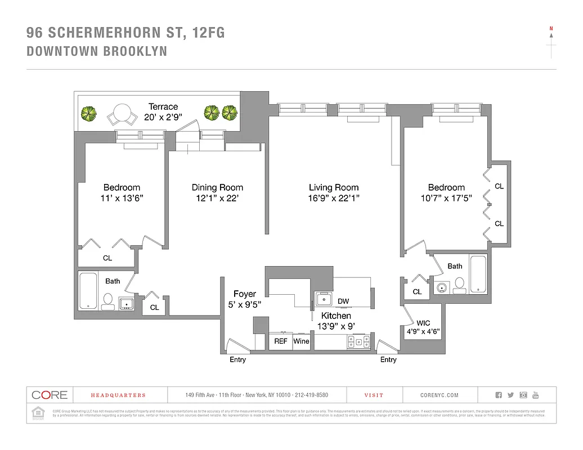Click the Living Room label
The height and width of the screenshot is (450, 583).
(334, 187)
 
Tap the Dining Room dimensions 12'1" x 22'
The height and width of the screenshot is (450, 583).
(217, 198)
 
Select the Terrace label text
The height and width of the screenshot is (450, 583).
(163, 106)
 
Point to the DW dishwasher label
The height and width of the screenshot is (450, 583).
(343, 301)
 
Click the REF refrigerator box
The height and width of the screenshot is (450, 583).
(280, 341)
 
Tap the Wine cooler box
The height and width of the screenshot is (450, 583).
(301, 341)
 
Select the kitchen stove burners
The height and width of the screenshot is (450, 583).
(358, 341)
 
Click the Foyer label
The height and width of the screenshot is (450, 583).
(244, 294)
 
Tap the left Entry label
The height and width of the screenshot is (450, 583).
(237, 359)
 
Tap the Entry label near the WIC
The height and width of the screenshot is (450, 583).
(388, 359)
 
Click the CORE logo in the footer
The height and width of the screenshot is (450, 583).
(50, 395)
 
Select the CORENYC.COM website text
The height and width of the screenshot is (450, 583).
(440, 395)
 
